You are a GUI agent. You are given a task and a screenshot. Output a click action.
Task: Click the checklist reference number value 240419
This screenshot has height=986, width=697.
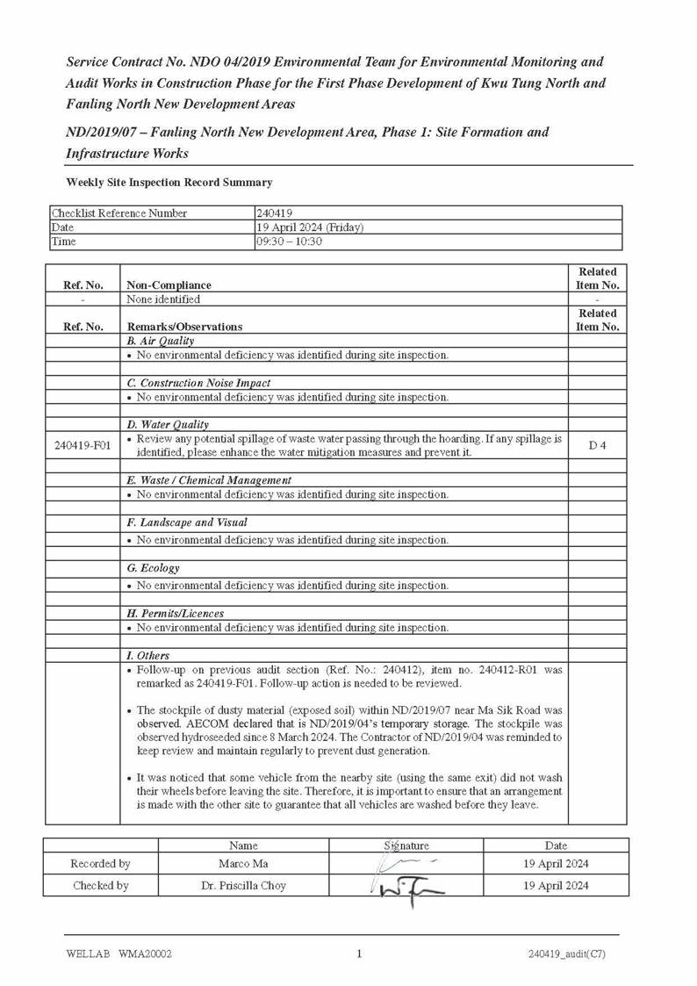point(274,213)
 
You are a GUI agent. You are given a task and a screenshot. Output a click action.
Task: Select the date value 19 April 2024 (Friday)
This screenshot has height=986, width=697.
point(310,227)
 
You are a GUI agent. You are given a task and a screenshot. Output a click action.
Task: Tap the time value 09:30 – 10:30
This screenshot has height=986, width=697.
point(289,241)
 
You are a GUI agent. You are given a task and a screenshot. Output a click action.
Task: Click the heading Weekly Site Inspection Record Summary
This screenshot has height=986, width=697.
point(169,183)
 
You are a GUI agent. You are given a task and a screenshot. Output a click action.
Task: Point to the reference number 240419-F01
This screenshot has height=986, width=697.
point(83,445)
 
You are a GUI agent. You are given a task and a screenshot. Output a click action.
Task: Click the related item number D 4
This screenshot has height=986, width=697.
point(597,445)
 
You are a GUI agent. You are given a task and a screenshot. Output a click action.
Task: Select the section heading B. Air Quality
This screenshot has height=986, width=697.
point(161,341)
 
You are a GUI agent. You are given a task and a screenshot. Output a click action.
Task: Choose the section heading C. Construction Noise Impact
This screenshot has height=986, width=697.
point(198,383)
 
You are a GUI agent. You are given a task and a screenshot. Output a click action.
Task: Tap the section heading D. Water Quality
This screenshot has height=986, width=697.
point(168,425)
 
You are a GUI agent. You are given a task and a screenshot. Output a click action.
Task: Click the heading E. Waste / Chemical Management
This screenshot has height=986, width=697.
point(209,480)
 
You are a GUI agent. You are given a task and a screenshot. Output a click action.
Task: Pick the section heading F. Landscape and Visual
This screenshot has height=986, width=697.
point(187,522)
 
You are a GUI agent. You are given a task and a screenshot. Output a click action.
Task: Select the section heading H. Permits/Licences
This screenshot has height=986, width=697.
point(176,614)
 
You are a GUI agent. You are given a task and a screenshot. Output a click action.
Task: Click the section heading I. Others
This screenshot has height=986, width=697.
point(148,656)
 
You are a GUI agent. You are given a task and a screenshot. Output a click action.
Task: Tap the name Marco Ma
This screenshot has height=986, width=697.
point(243,864)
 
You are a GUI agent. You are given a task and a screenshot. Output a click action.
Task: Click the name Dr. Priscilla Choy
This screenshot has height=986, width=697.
point(243,886)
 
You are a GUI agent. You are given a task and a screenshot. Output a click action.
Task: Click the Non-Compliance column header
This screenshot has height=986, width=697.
point(169,285)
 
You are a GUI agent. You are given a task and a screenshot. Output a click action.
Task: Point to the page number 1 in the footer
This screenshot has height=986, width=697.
point(359,954)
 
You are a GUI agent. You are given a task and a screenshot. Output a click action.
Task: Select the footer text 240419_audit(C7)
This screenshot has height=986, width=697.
point(566,954)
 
